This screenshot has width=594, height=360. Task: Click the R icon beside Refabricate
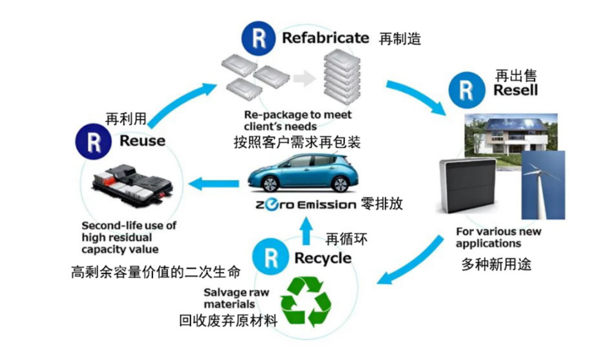[x=257, y=39]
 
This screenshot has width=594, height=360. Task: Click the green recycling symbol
[x=306, y=301]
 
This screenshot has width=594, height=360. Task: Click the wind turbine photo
[x=543, y=184]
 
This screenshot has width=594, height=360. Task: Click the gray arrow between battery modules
[x=304, y=79]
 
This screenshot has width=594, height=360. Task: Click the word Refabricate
[x=326, y=38]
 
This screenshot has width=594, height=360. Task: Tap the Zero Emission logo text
[x=305, y=205]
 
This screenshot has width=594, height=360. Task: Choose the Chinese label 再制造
[x=400, y=39]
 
